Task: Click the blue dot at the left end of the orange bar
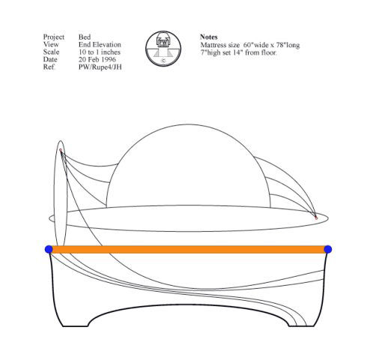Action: click(49, 249)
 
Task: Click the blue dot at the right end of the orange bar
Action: click(328, 249)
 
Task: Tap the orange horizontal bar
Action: click(188, 250)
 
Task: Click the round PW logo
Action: click(163, 49)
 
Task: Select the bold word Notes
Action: click(209, 37)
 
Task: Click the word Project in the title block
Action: click(54, 37)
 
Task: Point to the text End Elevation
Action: click(100, 44)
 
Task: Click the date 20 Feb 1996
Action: click(97, 59)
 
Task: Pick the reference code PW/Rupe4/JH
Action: click(100, 67)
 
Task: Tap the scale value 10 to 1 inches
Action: click(100, 52)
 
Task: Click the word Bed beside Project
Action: click(85, 37)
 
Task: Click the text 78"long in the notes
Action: click(288, 45)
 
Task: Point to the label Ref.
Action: click(49, 67)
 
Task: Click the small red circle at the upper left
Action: click(61, 150)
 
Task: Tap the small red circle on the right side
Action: click(316, 218)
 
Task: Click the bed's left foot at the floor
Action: click(75, 325)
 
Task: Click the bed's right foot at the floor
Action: click(301, 325)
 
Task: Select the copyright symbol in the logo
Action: click(163, 61)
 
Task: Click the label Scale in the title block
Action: click(51, 52)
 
